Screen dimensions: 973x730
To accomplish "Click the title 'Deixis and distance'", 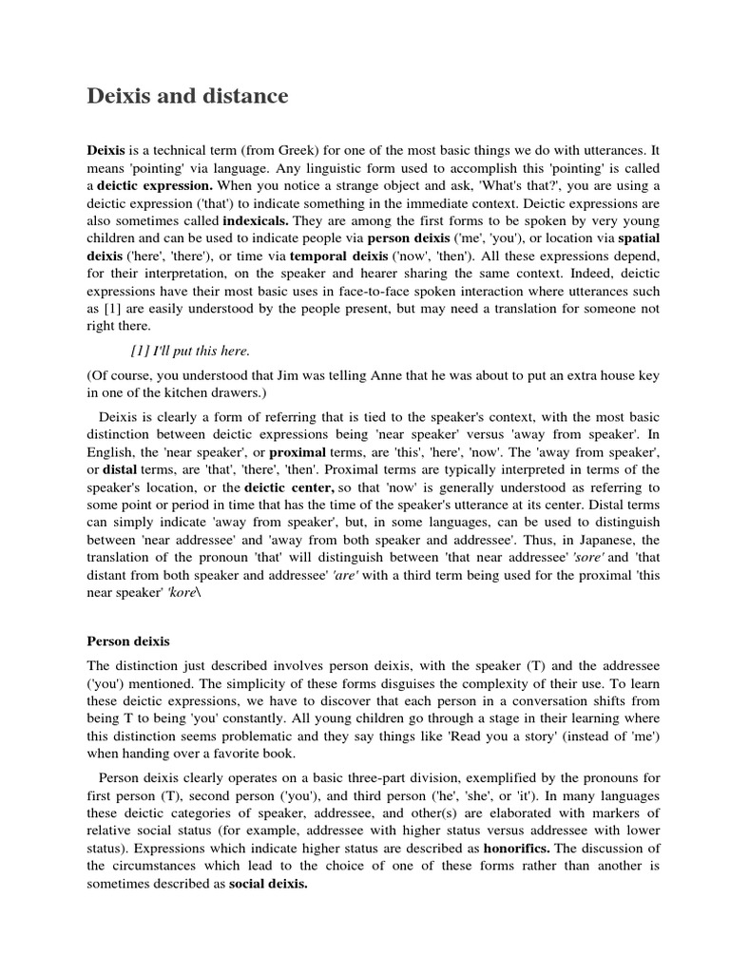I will click(x=187, y=96).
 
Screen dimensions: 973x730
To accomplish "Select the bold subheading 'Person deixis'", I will click(x=129, y=641).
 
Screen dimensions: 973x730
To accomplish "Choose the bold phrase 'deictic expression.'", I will click(x=159, y=184).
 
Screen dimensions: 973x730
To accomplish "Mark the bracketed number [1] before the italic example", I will click(x=141, y=352).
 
